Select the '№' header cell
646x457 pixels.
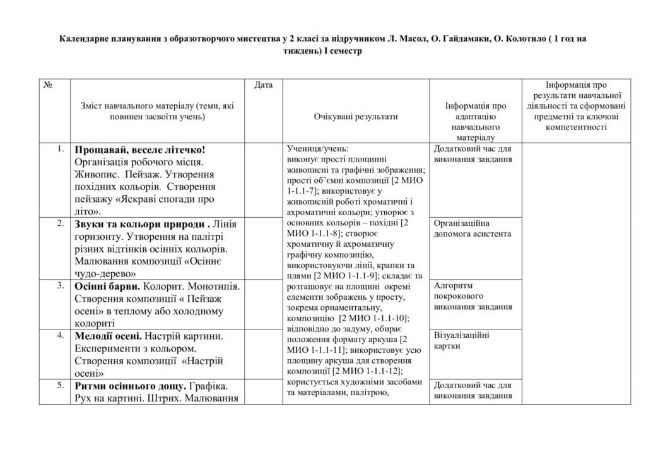click(47, 85)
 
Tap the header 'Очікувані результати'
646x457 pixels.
click(356, 117)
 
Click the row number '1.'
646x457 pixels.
click(60, 149)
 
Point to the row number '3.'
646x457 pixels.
click(60, 285)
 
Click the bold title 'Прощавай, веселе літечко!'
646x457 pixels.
click(140, 150)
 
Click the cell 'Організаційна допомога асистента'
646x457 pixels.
click(473, 228)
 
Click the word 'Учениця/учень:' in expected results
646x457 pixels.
click(313, 150)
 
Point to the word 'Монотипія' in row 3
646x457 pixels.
click(209, 286)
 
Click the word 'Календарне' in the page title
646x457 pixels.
click(85, 39)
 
